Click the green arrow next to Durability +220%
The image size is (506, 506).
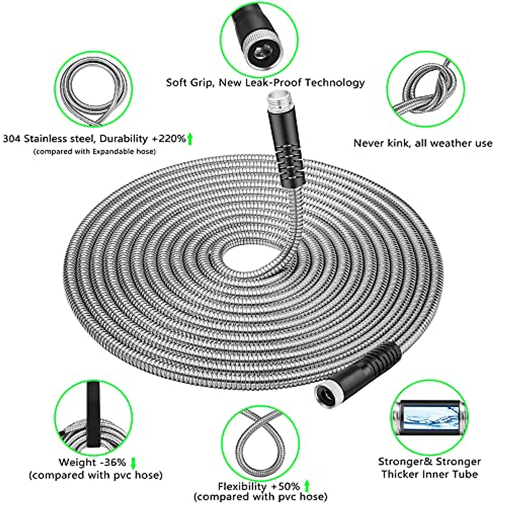click(190, 138)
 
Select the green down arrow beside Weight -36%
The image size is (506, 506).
click(133, 463)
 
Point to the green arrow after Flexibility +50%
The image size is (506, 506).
click(307, 486)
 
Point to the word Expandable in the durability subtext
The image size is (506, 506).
click(117, 151)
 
